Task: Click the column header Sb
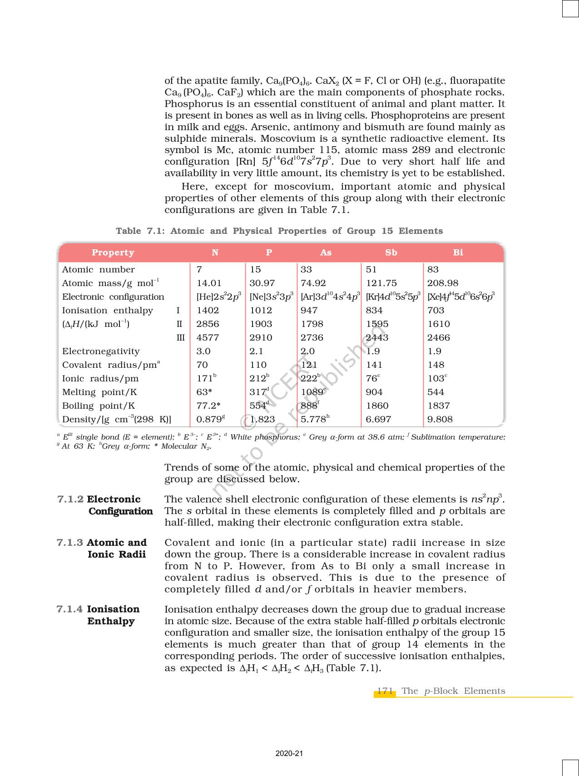tap(391, 252)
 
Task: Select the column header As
tap(326, 252)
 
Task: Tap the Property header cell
tap(113, 252)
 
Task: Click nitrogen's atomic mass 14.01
tap(209, 283)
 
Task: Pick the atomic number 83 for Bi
tap(433, 269)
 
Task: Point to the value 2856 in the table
tap(208, 324)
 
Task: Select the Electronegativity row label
tap(101, 351)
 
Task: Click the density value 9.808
tap(440, 419)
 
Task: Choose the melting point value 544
tap(435, 392)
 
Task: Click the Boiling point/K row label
tap(99, 405)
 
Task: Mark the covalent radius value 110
tap(258, 365)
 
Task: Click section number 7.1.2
tap(70, 499)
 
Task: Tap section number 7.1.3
tap(70, 542)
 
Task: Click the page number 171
tap(385, 691)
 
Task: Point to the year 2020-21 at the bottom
tap(289, 753)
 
